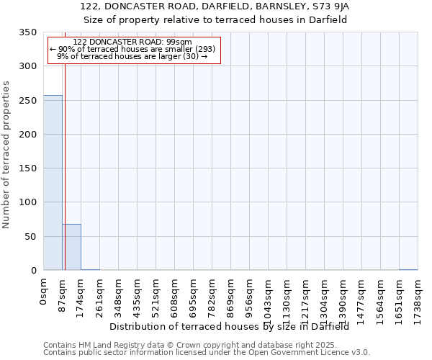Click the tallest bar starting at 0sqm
(x=53, y=183)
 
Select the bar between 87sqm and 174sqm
(x=71, y=247)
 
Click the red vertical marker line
(x=65, y=158)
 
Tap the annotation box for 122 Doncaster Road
(x=133, y=50)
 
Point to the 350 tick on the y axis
(x=27, y=32)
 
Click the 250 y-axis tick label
(x=27, y=101)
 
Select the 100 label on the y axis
(x=27, y=202)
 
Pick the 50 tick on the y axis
(x=30, y=237)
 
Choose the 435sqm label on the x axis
(x=138, y=294)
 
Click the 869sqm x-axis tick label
(x=231, y=294)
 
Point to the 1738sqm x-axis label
(x=418, y=297)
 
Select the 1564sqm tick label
(x=381, y=297)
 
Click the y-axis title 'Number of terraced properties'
(x=7, y=154)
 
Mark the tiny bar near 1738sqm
(x=408, y=269)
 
